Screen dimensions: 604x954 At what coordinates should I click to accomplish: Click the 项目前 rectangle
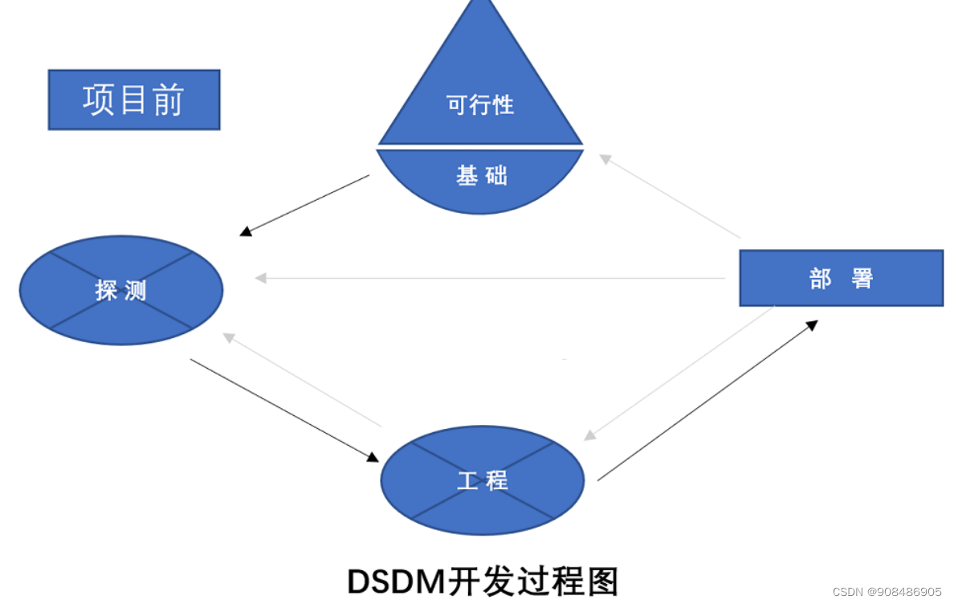pyautogui.click(x=133, y=100)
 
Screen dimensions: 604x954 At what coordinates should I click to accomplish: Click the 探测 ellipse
pyautogui.click(x=120, y=290)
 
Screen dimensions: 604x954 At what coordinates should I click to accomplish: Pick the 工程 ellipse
pyautogui.click(x=482, y=480)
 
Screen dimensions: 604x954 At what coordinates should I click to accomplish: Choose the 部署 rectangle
pyautogui.click(x=840, y=278)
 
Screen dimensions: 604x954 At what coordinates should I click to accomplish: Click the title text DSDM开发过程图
pyautogui.click(x=483, y=580)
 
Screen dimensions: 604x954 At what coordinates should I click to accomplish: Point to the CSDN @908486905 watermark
pyautogui.click(x=887, y=592)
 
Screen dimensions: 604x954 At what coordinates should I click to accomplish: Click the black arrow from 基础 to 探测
pyautogui.click(x=305, y=205)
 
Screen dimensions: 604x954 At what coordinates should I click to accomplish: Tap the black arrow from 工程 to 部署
pyautogui.click(x=707, y=401)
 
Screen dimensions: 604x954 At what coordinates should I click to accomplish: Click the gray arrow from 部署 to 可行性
pyautogui.click(x=670, y=197)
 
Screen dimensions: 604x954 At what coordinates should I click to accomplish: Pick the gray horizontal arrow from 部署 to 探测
pyautogui.click(x=490, y=278)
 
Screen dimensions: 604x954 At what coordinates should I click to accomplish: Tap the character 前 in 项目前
pyautogui.click(x=168, y=100)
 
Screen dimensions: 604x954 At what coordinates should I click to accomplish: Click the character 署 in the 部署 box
pyautogui.click(x=862, y=279)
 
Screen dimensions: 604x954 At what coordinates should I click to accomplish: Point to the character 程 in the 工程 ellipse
pyautogui.click(x=496, y=480)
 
